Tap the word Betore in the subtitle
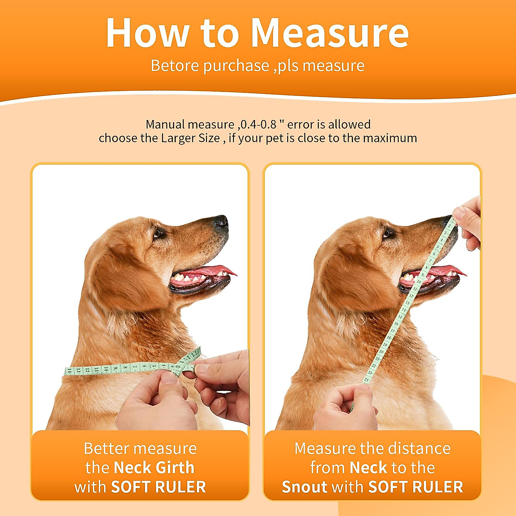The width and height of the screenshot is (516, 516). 175,66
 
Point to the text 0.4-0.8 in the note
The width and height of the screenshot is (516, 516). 258,125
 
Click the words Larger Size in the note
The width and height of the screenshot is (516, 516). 190,138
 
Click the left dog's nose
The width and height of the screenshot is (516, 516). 221,221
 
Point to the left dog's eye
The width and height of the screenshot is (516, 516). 158,233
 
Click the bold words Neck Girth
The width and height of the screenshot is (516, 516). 154,468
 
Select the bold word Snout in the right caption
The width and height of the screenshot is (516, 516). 304,487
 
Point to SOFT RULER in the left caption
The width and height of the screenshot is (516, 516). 159,487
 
